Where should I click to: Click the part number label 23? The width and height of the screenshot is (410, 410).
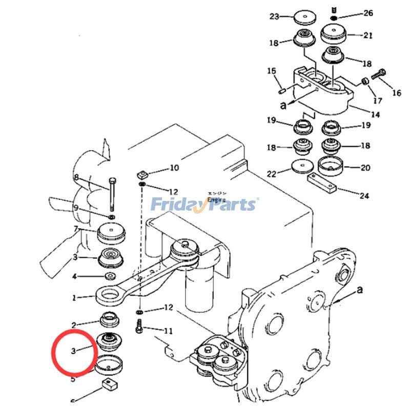274,16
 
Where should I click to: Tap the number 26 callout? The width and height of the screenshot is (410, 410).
368,13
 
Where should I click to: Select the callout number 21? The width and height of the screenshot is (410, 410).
368,35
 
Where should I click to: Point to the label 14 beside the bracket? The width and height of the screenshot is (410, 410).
375,115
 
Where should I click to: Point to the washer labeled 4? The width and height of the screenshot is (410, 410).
110,276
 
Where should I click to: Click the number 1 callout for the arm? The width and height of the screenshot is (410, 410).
74,297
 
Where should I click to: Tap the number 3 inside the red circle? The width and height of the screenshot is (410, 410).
74,351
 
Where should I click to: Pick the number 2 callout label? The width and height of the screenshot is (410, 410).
74,325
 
